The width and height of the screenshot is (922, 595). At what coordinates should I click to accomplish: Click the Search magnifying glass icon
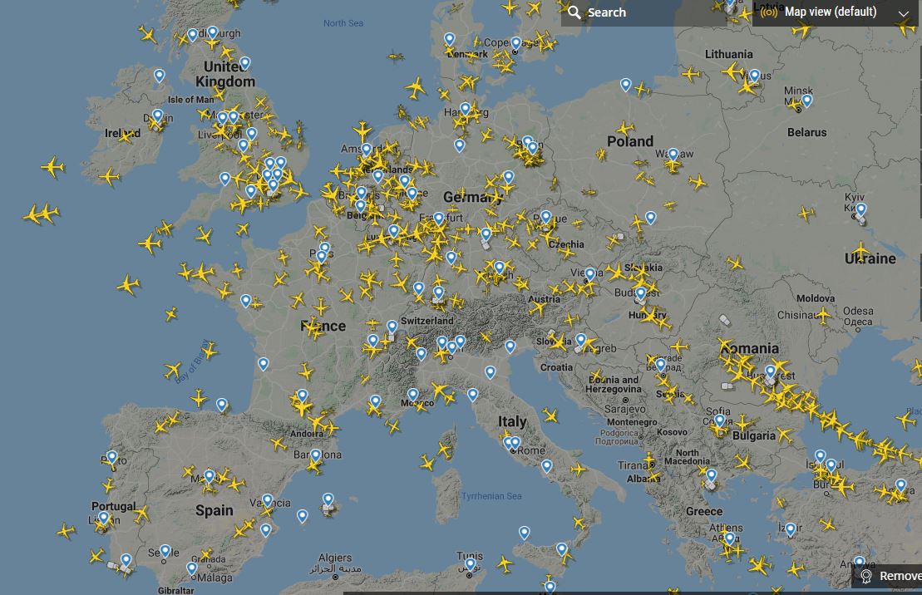pos(574,12)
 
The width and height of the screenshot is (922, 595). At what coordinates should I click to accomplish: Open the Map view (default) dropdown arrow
pos(904,13)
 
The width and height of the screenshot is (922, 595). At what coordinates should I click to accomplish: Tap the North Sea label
pos(343,23)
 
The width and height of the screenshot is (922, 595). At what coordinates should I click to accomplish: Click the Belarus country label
pos(807,132)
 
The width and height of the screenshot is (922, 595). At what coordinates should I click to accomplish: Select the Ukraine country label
pos(870,258)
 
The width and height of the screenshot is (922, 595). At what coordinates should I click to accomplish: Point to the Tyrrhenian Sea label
pos(491,496)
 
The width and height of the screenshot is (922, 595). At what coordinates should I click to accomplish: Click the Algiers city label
pos(335,558)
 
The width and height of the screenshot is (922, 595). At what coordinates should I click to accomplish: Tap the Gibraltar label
pos(175,590)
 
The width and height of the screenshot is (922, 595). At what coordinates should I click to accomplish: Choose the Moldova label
pos(816,297)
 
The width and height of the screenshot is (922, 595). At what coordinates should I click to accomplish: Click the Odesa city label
pos(858,312)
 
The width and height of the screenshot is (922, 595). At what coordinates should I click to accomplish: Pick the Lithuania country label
pos(728,54)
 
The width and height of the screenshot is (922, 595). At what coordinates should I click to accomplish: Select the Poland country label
pos(630,141)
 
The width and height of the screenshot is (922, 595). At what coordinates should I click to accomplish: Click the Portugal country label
pos(114,506)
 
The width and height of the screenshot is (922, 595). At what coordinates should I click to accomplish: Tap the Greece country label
pos(704,511)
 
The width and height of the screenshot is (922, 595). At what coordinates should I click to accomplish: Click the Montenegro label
pos(631,422)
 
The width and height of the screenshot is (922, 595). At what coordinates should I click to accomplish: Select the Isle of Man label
pos(191,100)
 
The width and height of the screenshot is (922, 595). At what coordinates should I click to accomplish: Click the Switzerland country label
pos(427,321)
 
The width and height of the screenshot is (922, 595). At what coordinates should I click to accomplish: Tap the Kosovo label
pos(673,432)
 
